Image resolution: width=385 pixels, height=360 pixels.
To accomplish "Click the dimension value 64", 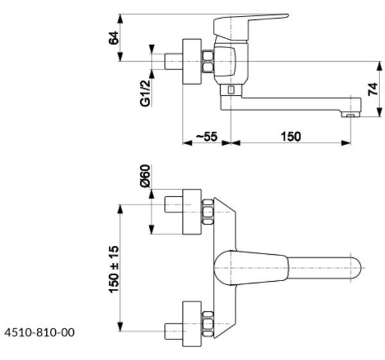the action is tap(114, 38).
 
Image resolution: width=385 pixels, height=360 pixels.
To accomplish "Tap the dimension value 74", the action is tap(372, 89).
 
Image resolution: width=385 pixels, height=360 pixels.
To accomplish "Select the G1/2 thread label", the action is tap(145, 93).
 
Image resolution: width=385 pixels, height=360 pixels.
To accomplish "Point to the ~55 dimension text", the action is tap(207, 137).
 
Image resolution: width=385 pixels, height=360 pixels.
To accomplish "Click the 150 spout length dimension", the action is tap(291, 137).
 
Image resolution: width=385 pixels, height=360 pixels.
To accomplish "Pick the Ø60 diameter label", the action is tap(145, 176).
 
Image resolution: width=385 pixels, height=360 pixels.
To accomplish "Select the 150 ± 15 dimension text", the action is tap(114, 270).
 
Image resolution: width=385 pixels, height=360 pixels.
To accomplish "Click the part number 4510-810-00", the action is tap(39, 332).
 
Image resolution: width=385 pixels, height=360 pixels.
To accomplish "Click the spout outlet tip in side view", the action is tap(350, 114).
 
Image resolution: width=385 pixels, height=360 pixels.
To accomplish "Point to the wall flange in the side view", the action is tap(192, 62).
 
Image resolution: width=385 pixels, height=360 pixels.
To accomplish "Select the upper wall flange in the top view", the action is tap(192, 212).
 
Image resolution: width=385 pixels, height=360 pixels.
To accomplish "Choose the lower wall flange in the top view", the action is tap(192, 324).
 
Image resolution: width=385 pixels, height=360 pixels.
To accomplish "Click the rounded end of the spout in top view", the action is tap(356, 268).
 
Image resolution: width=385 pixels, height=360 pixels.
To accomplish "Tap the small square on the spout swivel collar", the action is tap(230, 90).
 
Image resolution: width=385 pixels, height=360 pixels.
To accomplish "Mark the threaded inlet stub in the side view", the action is tap(173, 62).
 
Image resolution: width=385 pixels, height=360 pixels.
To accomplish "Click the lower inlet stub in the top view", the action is tap(173, 332).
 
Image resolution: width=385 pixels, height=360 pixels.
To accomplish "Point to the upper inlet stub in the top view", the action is tap(173, 204).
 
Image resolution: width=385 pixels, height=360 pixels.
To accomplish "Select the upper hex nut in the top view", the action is tap(208, 212).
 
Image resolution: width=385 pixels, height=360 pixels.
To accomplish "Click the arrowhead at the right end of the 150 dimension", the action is tap(346, 142).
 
